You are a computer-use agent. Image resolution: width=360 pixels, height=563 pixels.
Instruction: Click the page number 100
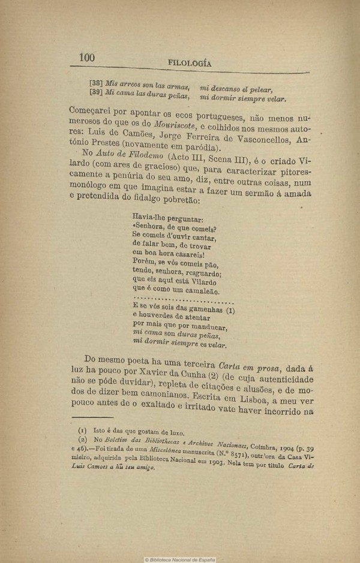[87, 58]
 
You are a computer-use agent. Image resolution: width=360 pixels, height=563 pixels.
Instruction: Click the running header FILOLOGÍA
[190, 64]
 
